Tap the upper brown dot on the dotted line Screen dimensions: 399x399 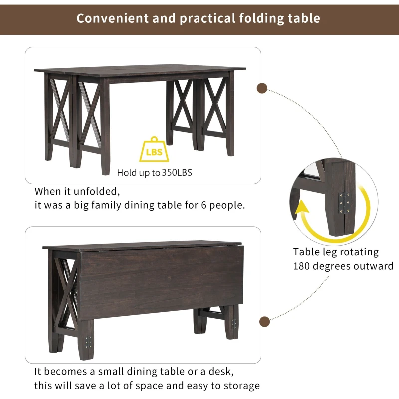pos(261,89)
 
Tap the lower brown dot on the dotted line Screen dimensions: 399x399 pos(264,321)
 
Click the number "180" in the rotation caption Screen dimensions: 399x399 pos(303,266)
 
